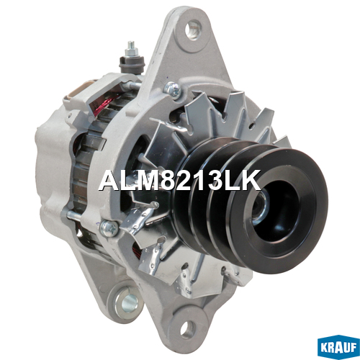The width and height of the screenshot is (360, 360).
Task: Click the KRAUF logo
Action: (x=338, y=348)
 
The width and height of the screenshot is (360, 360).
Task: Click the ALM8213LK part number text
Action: (x=179, y=180)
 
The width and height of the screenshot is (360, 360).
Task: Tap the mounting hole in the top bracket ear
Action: (x=193, y=30)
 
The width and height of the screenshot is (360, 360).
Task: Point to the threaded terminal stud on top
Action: (x=131, y=48)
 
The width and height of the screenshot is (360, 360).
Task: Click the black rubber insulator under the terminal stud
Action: (x=131, y=63)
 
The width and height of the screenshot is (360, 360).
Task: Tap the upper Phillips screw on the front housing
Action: (x=173, y=89)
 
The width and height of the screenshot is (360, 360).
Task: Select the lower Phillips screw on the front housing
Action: (x=109, y=228)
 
